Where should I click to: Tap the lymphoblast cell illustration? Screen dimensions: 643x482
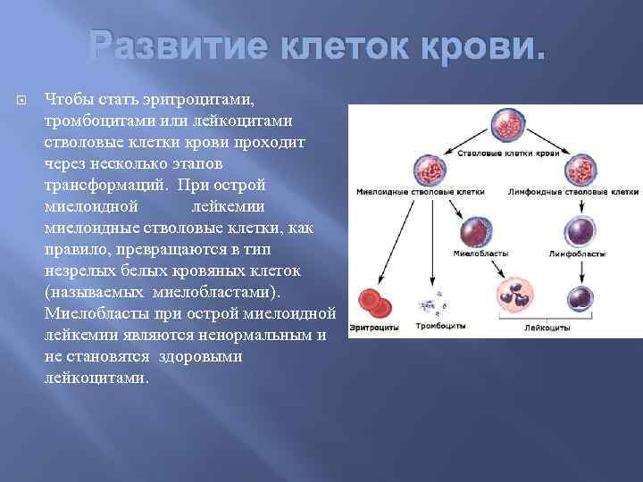(x=581, y=234)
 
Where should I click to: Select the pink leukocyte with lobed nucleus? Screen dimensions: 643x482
(x=514, y=296)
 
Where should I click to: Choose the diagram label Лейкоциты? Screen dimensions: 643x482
(x=547, y=329)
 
